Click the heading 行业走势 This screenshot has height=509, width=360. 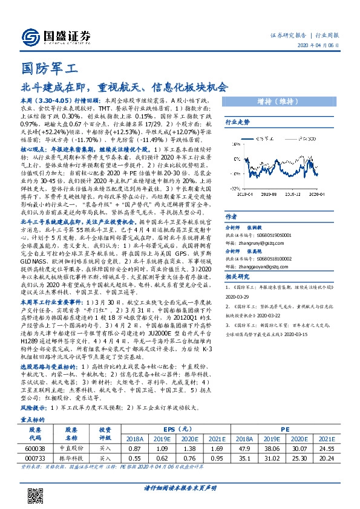(238, 122)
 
